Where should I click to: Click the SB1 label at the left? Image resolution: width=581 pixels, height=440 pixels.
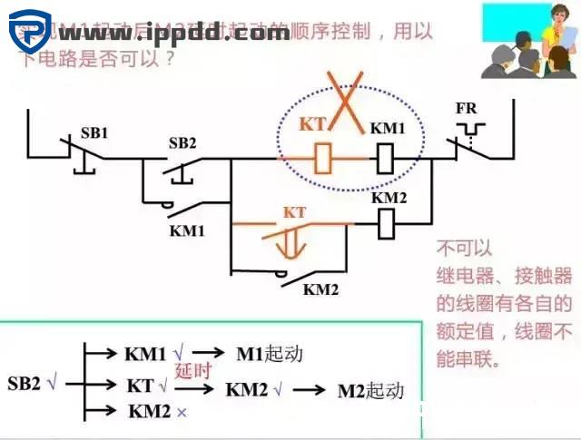click(93, 132)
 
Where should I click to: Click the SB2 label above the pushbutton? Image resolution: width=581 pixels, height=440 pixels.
click(182, 143)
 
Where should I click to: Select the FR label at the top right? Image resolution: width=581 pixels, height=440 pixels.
click(466, 109)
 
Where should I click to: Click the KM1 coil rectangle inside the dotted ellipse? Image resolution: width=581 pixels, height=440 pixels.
click(384, 160)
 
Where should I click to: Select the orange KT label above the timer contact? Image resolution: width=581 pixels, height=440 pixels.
click(295, 212)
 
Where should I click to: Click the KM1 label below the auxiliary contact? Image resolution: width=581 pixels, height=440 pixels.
click(187, 230)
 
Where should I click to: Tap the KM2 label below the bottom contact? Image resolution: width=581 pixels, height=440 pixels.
click(320, 290)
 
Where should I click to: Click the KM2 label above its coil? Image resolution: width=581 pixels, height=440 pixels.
click(388, 197)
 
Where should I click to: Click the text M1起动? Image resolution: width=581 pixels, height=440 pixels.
click(269, 354)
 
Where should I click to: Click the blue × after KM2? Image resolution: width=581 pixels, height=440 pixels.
click(182, 412)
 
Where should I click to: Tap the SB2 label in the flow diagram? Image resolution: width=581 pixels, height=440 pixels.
click(25, 383)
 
